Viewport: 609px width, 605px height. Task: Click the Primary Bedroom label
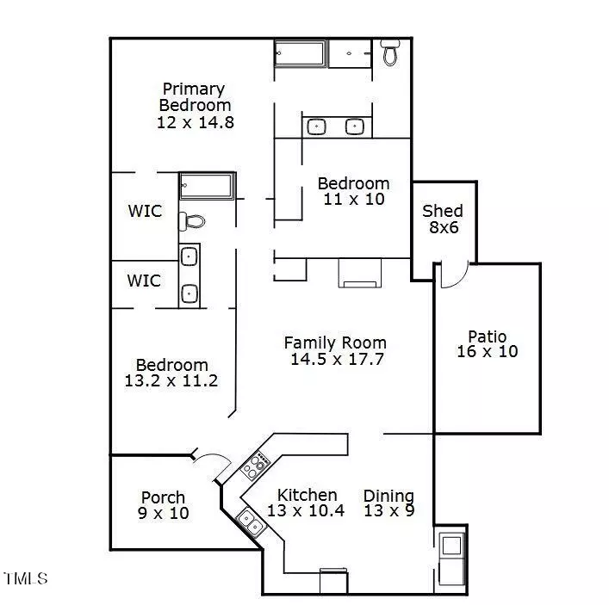(195, 97)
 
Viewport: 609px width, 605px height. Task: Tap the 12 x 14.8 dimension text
(196, 122)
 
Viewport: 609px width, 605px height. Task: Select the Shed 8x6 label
(443, 219)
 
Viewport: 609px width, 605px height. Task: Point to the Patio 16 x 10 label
(488, 344)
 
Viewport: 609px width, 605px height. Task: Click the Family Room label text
(335, 343)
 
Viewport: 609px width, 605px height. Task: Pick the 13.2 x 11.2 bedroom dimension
(171, 380)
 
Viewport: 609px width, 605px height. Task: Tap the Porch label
(163, 497)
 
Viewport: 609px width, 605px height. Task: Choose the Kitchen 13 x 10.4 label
(306, 503)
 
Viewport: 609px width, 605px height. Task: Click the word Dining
(388, 496)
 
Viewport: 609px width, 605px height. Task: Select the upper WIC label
(145, 211)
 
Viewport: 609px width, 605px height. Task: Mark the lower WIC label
(144, 281)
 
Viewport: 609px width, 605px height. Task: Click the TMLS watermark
(25, 578)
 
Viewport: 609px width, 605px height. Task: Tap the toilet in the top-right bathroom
(390, 52)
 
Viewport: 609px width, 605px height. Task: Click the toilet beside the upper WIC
(191, 221)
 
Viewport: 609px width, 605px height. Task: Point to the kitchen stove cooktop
(255, 465)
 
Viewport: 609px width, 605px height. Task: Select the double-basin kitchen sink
(250, 522)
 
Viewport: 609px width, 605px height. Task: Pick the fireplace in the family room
(360, 273)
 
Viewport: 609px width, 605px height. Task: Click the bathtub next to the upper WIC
(208, 186)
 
